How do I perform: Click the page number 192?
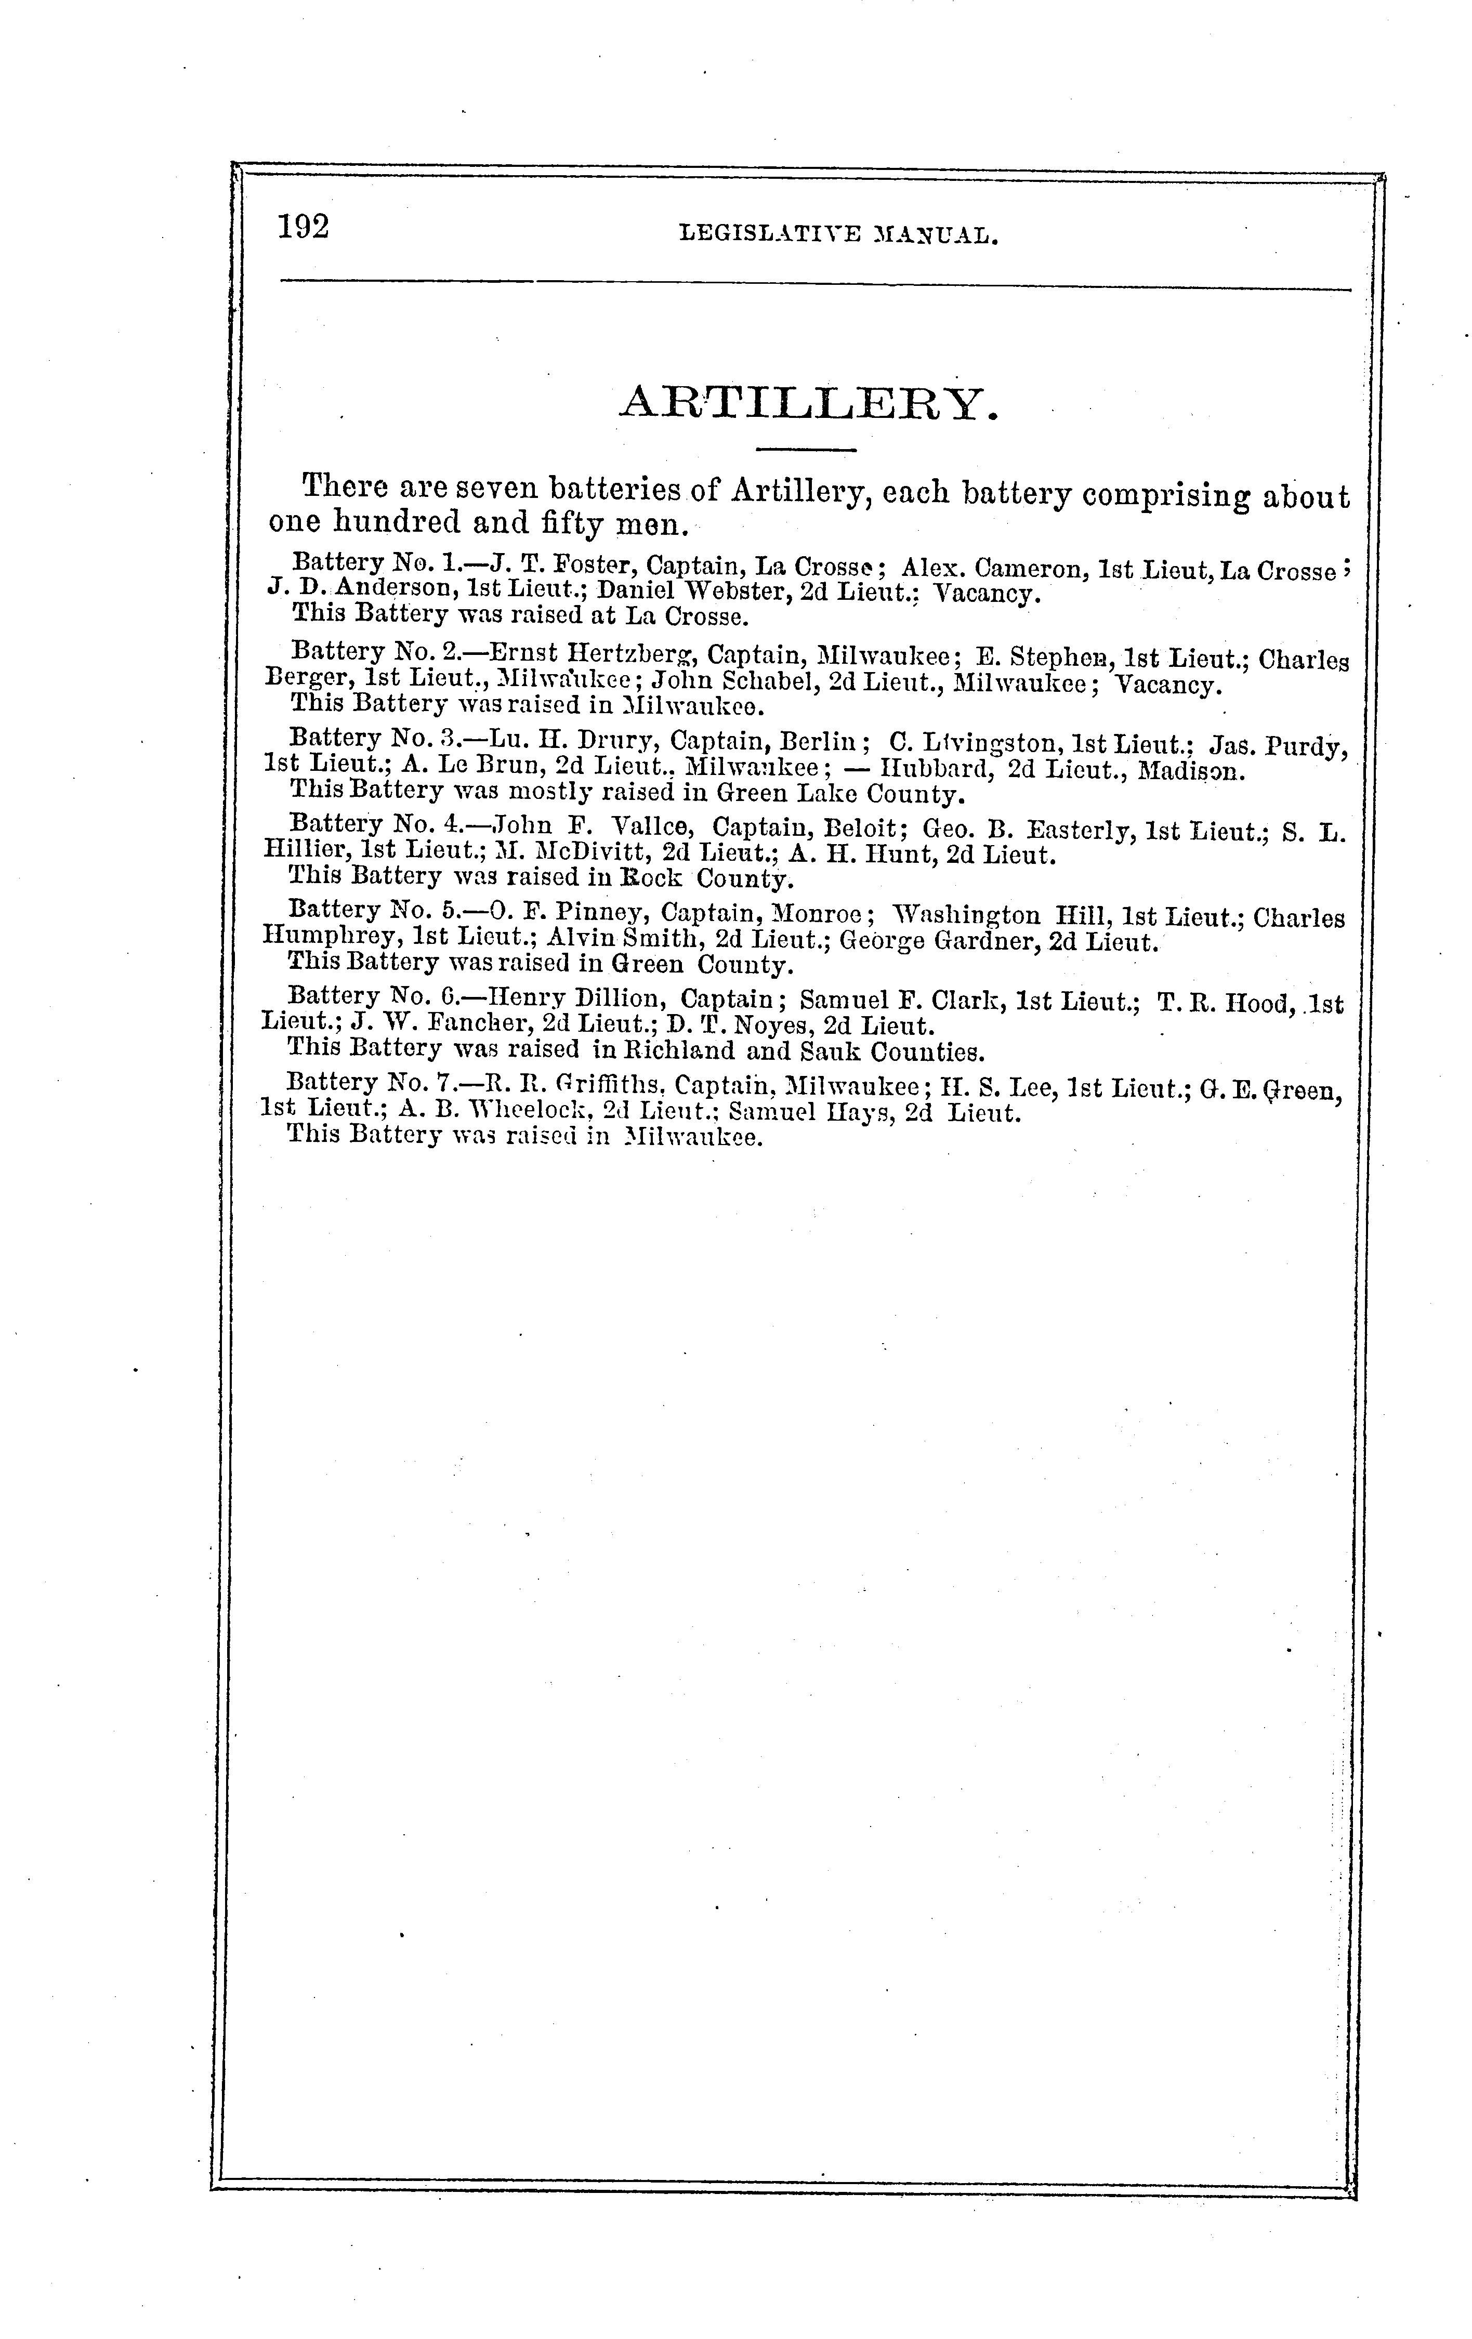303,226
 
